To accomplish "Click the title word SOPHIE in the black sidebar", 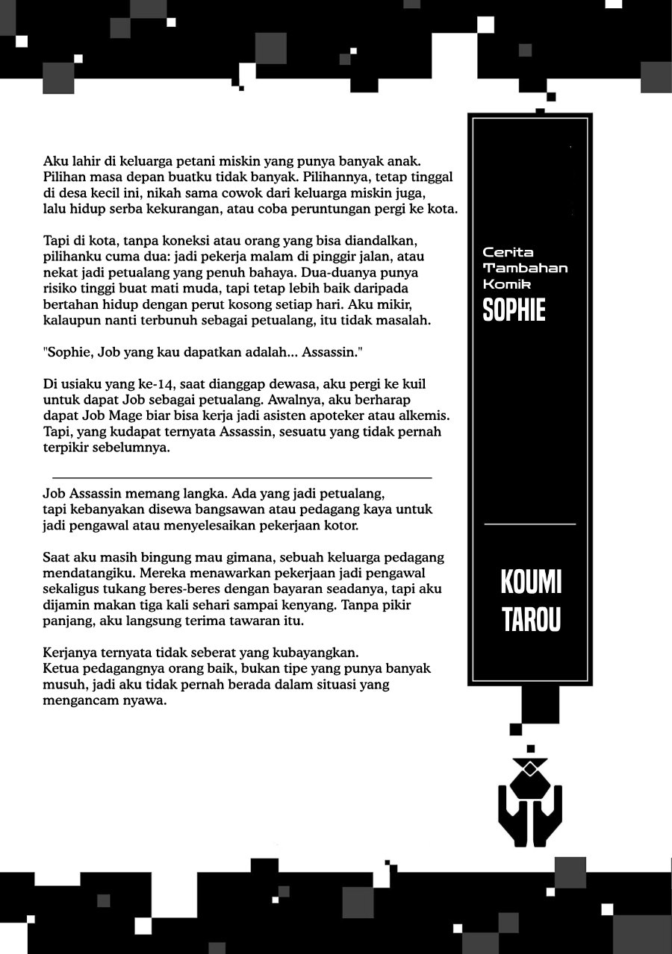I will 514,310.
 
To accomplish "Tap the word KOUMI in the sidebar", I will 531,582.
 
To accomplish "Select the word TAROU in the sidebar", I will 531,619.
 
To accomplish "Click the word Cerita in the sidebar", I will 508,252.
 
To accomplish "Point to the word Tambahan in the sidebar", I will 525,268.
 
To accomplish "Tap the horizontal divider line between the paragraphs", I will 242,477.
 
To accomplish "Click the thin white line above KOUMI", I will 530,524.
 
